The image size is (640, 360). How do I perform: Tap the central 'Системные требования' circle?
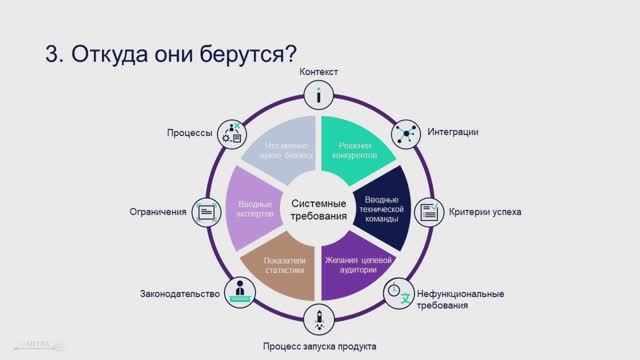click(x=319, y=210)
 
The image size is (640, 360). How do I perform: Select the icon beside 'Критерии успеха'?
click(x=428, y=212)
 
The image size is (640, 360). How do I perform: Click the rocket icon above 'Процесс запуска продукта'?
click(x=319, y=322)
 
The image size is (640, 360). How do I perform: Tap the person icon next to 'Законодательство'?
click(x=239, y=293)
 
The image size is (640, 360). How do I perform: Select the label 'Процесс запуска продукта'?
click(x=320, y=346)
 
